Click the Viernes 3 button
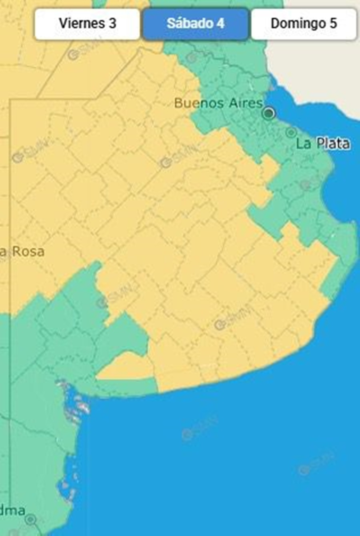click(87, 24)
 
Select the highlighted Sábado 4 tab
click(196, 24)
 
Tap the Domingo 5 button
click(304, 24)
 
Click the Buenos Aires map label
click(218, 103)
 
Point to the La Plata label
click(323, 143)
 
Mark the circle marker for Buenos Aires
click(269, 113)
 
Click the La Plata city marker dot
click(291, 132)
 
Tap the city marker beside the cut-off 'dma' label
click(30, 520)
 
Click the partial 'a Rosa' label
click(22, 252)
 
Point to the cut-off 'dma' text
click(13, 510)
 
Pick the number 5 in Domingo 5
click(333, 24)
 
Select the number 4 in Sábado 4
click(220, 24)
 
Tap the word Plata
click(333, 143)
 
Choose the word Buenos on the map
click(199, 103)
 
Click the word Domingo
click(298, 24)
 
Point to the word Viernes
click(82, 24)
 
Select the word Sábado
click(190, 24)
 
